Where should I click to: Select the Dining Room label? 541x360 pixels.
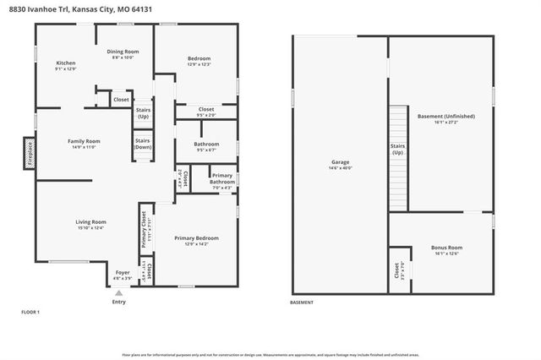click(x=123, y=52)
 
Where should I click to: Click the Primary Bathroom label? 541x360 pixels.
click(x=222, y=178)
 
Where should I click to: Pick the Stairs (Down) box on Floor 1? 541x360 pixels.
click(x=143, y=144)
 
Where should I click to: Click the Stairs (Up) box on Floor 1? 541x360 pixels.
click(x=143, y=112)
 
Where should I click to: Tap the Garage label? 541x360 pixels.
click(x=341, y=161)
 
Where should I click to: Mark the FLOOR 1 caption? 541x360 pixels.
click(x=30, y=312)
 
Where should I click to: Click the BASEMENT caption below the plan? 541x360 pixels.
click(x=302, y=303)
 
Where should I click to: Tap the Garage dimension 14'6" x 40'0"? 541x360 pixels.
click(x=341, y=168)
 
